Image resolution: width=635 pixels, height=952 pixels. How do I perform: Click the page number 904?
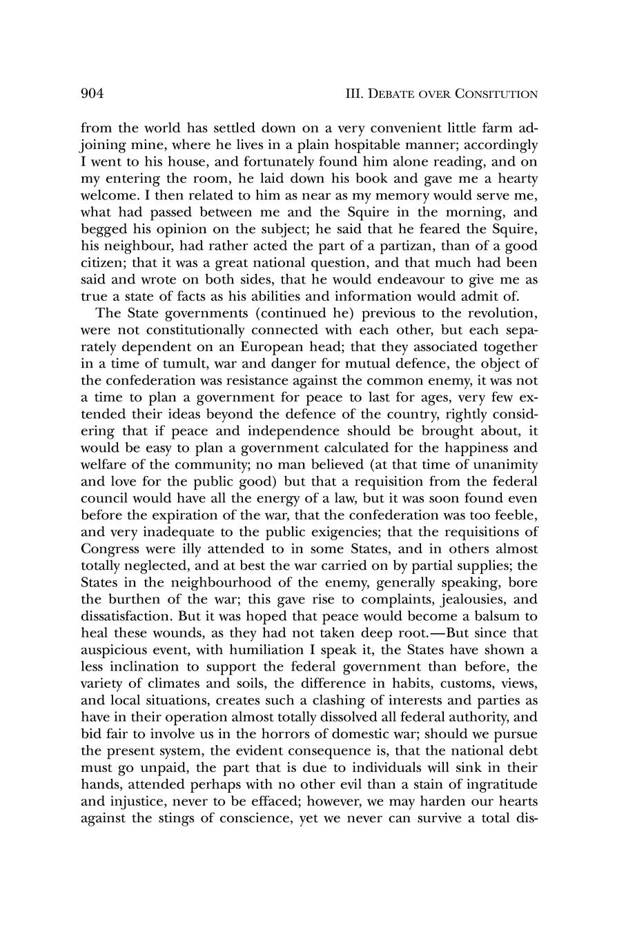(92, 93)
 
